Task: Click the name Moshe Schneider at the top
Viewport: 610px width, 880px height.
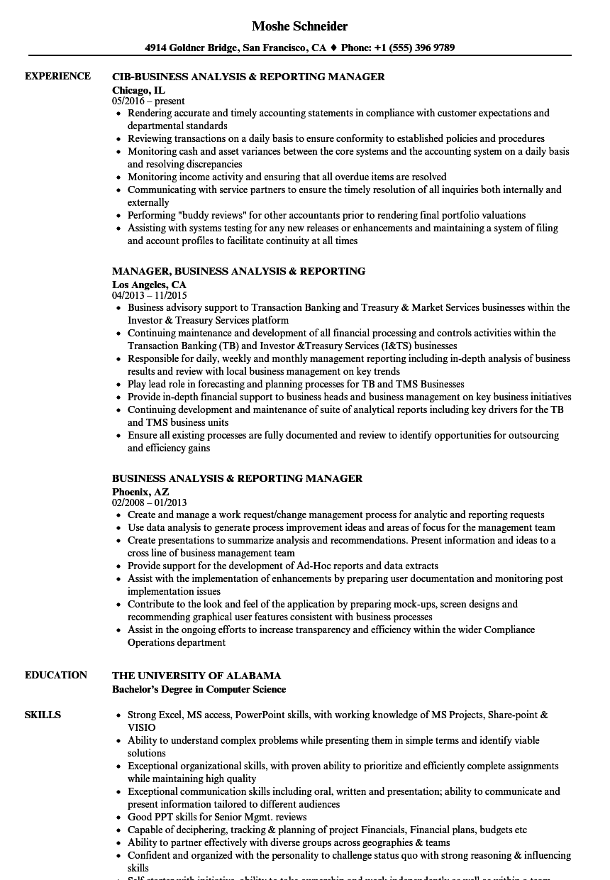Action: [299, 26]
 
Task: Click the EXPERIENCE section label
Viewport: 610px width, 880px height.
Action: [57, 76]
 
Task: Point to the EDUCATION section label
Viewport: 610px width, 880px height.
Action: [56, 675]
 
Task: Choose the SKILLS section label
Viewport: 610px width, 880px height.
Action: [43, 715]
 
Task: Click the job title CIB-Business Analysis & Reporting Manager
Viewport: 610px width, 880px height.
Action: [248, 77]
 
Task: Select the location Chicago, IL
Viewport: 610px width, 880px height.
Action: [138, 90]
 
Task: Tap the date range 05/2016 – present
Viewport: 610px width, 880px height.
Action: [148, 101]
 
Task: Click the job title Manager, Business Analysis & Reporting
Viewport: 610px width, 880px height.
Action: [238, 271]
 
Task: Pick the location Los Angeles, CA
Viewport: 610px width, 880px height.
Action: [149, 285]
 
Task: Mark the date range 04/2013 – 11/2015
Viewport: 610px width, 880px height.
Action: [150, 295]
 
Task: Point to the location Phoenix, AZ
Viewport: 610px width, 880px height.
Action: [140, 491]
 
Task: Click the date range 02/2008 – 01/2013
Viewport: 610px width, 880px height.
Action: [150, 502]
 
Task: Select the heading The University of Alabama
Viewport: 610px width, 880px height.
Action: [196, 676]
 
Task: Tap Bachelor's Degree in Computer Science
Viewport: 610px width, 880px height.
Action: [199, 689]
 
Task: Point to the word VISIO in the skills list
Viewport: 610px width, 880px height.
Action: [141, 727]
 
